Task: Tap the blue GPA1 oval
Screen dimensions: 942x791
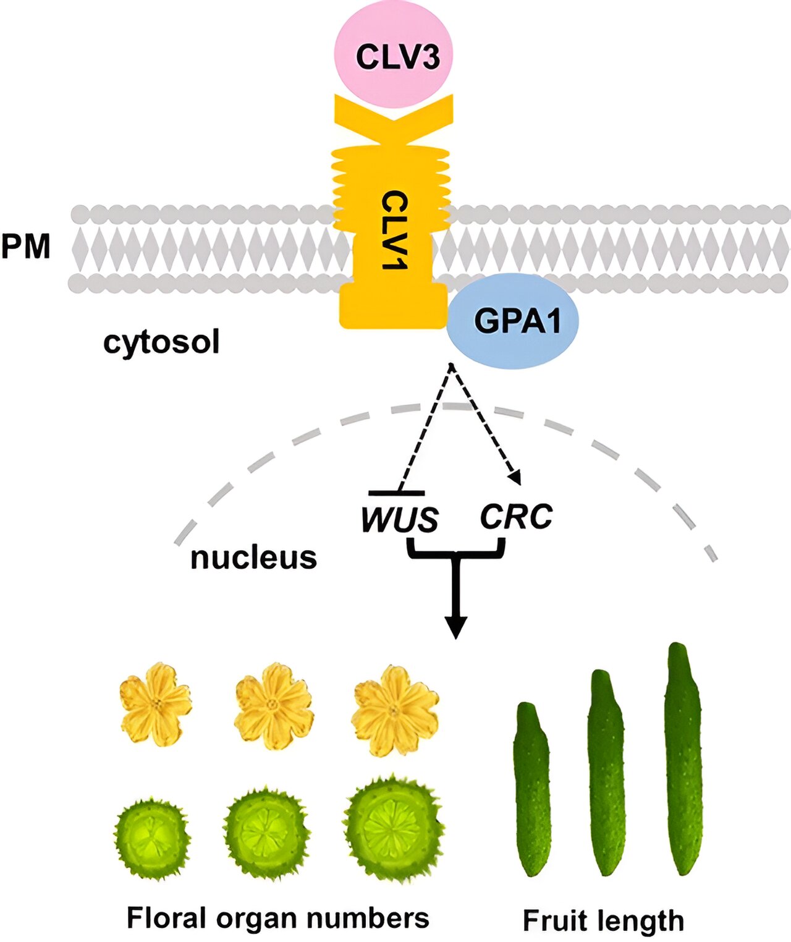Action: (514, 321)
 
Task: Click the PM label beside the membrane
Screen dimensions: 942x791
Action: (25, 246)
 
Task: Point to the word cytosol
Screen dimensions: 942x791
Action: (161, 342)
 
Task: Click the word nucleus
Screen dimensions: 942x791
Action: (253, 557)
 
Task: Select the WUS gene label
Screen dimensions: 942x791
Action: (400, 519)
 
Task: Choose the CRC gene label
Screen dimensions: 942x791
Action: (516, 517)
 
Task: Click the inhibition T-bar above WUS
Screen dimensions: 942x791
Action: (396, 493)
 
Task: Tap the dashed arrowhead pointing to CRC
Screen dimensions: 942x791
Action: (515, 477)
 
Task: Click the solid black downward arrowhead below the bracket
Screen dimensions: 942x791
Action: (456, 627)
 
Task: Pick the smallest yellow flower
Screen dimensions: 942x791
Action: (156, 703)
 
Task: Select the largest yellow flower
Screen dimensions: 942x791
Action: (395, 709)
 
